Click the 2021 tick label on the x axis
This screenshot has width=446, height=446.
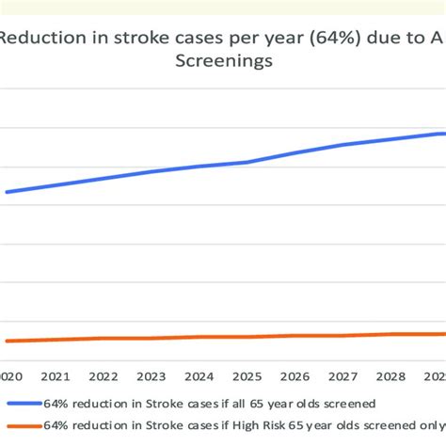[55, 375]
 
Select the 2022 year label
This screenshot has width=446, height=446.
[104, 375]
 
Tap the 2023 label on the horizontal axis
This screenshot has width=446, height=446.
[151, 375]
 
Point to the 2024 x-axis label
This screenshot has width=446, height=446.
[199, 375]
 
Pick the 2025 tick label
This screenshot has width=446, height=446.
[247, 375]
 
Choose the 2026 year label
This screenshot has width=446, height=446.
[295, 375]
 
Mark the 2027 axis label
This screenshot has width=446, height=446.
[344, 375]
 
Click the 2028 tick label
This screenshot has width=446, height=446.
[392, 375]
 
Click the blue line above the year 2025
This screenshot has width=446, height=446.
[247, 162]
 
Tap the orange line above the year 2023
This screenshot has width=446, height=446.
[151, 338]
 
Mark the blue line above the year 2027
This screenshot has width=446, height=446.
[344, 145]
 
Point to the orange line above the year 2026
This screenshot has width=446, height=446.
[295, 336]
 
